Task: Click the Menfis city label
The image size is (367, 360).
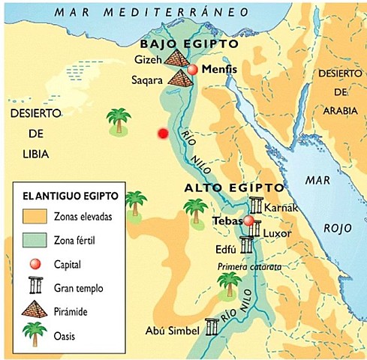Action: tap(221, 69)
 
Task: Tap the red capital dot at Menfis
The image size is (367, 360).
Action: tap(193, 69)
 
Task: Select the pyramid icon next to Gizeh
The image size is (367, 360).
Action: tap(178, 57)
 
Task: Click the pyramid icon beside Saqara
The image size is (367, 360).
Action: tap(181, 76)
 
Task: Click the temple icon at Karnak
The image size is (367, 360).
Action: tap(257, 205)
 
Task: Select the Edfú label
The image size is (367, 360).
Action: tap(226, 248)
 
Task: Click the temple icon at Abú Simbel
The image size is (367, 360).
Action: tap(213, 327)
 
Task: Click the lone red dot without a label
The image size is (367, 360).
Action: tap(162, 133)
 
